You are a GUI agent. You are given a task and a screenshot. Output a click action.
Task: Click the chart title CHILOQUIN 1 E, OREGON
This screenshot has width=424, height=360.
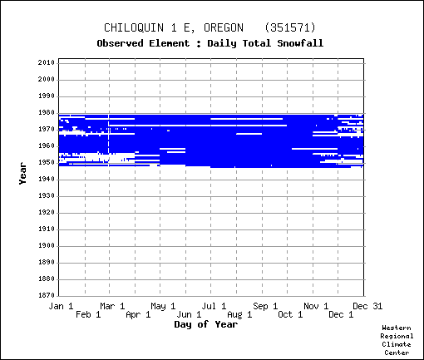click(174, 28)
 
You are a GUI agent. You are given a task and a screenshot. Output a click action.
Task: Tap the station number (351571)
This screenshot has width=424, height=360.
click(290, 28)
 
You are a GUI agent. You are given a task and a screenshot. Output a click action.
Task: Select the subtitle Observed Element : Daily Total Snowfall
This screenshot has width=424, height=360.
click(210, 43)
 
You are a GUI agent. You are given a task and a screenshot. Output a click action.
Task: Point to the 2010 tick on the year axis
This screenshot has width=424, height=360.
click(47, 62)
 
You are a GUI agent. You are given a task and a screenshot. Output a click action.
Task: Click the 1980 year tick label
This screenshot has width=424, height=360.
click(47, 113)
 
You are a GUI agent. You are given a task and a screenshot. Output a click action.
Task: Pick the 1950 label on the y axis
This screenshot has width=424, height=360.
click(47, 163)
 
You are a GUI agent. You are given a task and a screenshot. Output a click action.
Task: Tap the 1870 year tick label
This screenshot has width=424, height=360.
click(47, 295)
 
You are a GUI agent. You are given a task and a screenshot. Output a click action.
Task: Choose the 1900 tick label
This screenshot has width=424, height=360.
click(47, 245)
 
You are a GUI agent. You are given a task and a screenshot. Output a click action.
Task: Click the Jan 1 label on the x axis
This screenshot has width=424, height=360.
click(61, 306)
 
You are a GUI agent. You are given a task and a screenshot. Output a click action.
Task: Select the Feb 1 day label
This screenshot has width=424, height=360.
click(88, 314)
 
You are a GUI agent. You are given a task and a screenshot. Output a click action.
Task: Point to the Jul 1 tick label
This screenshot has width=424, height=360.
click(214, 306)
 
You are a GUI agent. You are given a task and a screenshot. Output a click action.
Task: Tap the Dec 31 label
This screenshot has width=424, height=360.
click(367, 306)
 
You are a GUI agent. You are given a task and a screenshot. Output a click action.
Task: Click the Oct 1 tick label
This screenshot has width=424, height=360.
click(290, 314)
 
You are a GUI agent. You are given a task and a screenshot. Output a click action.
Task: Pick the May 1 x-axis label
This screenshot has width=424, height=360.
click(163, 306)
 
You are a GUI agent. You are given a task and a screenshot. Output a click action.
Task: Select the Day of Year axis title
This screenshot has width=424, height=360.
click(206, 324)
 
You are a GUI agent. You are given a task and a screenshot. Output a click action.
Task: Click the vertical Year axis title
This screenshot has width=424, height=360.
click(22, 174)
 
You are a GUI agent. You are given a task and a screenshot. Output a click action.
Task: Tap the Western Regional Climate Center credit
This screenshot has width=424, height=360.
click(397, 340)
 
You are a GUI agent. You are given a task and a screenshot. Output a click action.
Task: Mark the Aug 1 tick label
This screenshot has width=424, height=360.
click(239, 314)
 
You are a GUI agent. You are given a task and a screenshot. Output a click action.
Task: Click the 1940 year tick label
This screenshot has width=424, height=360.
click(47, 180)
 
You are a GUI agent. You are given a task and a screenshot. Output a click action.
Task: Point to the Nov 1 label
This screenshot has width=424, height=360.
click(316, 306)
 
